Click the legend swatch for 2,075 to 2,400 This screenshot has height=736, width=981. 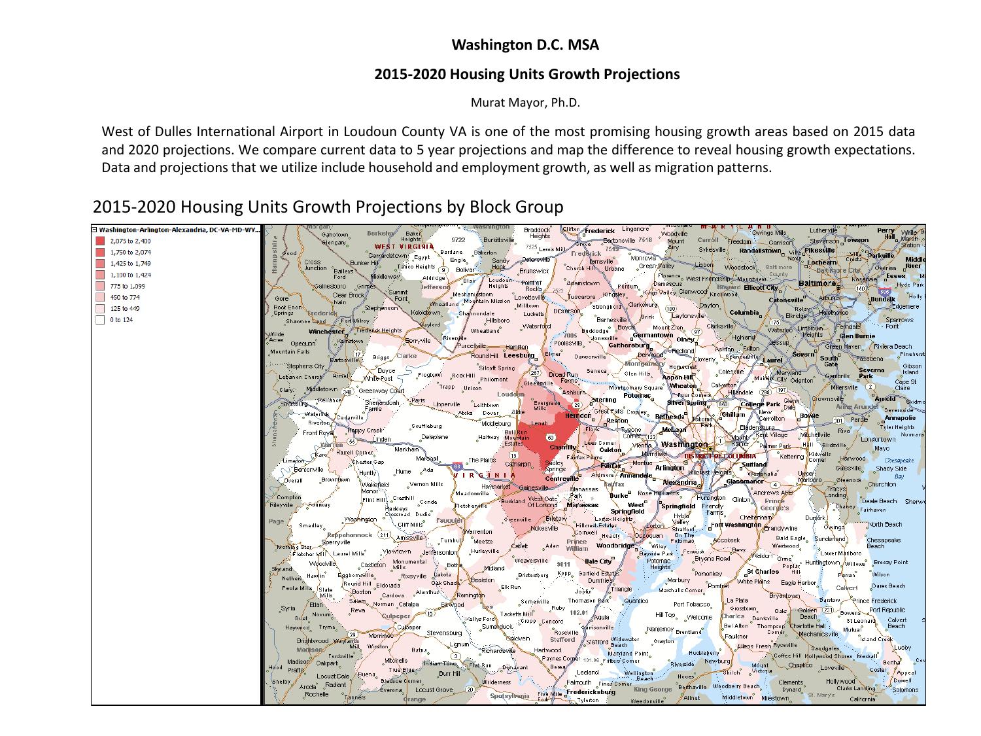(100, 241)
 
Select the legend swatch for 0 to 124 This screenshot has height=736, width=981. (100, 320)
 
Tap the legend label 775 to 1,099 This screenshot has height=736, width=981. (127, 286)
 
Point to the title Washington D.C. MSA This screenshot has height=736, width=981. (525, 45)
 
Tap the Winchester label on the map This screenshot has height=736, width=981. (326, 331)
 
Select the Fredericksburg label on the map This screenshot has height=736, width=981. (591, 692)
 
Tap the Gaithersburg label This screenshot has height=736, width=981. (628, 345)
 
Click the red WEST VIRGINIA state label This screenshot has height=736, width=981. (404, 247)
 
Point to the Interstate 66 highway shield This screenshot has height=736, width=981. (457, 466)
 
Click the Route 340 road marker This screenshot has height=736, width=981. (348, 391)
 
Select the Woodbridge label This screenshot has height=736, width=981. (615, 545)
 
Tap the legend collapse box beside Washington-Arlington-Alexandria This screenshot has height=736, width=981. (95, 230)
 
